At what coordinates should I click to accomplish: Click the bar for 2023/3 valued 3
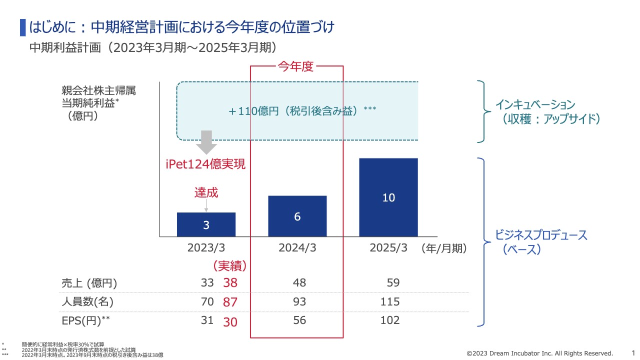click(x=206, y=224)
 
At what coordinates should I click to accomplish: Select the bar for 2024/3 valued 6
click(x=297, y=216)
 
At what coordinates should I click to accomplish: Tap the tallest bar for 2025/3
click(x=388, y=197)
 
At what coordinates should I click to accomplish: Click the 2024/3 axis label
click(x=297, y=248)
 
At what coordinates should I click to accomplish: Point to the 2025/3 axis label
click(x=388, y=248)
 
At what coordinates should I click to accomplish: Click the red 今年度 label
click(x=295, y=66)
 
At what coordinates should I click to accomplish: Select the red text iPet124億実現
click(x=205, y=164)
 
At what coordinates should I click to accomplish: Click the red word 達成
click(x=206, y=192)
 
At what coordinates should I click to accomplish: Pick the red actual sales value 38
click(x=230, y=283)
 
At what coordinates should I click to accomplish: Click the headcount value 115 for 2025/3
click(x=390, y=301)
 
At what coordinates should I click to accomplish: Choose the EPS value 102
click(x=390, y=320)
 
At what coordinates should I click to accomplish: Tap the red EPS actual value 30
click(x=230, y=322)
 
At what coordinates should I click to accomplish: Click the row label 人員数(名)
click(x=87, y=302)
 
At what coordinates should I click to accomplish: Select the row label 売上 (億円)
click(x=89, y=283)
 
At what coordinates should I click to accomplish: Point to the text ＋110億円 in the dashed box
click(x=254, y=111)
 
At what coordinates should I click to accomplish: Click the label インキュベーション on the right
click(x=535, y=105)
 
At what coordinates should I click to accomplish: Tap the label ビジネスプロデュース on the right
click(x=541, y=235)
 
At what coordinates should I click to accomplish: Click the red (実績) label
click(x=230, y=266)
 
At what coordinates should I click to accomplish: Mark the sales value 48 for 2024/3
click(x=299, y=283)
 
